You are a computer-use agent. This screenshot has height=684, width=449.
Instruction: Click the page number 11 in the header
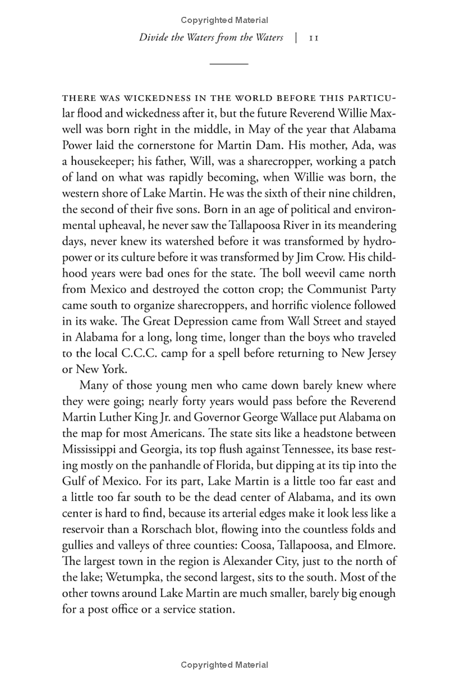pyautogui.click(x=314, y=39)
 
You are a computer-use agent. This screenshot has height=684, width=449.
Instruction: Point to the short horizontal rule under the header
pyautogui.click(x=228, y=64)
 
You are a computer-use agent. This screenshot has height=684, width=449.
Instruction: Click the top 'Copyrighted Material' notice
pyautogui.click(x=224, y=20)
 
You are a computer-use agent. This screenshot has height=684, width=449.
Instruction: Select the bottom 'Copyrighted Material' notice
pyautogui.click(x=224, y=665)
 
